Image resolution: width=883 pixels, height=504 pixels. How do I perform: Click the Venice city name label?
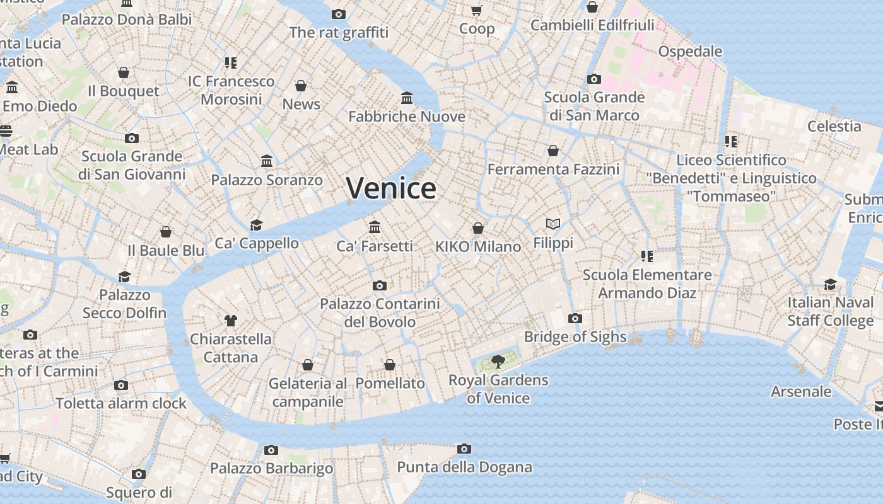391,188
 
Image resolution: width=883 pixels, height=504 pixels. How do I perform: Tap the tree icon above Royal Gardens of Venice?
498,362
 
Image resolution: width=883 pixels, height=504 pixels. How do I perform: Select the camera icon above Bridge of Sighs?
575,319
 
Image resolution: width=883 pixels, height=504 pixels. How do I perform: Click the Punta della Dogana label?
464,467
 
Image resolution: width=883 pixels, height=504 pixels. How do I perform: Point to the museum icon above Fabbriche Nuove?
407,98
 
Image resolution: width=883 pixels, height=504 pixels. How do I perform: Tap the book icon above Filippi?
553,224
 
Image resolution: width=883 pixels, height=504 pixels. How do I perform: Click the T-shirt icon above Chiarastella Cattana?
231,321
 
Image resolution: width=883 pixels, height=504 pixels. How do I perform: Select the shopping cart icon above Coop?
477,10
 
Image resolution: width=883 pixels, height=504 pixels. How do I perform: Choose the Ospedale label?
690,51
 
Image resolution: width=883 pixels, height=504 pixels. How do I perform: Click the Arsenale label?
801,391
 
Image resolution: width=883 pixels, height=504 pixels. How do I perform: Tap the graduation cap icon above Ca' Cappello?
256,225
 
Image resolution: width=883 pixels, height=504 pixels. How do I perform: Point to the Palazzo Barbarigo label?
271,468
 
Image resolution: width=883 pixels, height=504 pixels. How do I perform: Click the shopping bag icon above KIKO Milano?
478,228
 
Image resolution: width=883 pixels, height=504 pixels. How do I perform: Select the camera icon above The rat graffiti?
339,14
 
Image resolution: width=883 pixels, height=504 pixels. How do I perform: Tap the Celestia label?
834,126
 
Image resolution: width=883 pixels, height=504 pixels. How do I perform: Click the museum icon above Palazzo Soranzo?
267,161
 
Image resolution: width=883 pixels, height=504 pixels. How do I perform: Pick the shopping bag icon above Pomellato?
390,365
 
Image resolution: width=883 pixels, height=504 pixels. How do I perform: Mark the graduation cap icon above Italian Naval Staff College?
830,285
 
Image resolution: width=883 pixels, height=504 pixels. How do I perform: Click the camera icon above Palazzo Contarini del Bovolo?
380,286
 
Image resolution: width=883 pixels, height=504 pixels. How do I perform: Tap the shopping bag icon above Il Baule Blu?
166,232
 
